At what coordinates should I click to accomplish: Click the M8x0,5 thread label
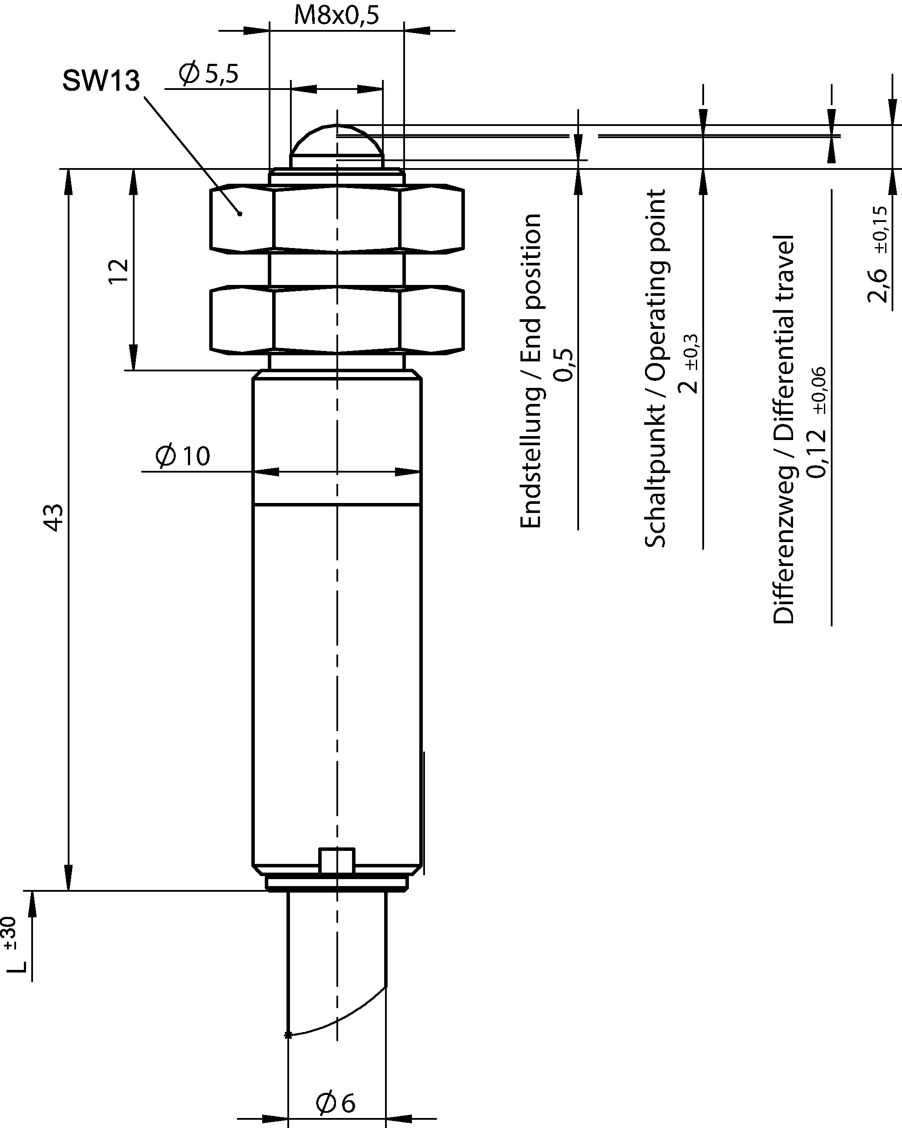[x=336, y=15]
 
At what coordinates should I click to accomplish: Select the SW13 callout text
[x=102, y=81]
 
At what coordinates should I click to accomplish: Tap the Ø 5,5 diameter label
[x=208, y=74]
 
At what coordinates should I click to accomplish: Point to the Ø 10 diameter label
[x=182, y=455]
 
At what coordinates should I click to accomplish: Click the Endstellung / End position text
[x=531, y=370]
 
